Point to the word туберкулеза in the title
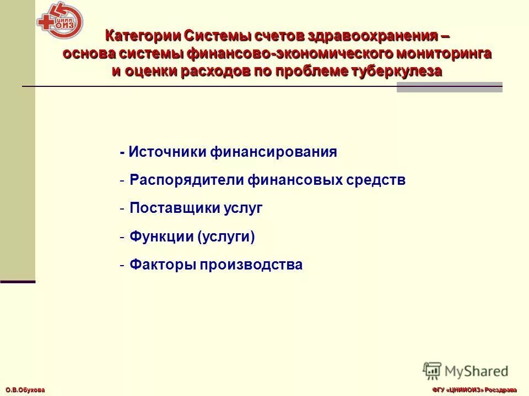tap(397, 71)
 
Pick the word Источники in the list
tap(168, 152)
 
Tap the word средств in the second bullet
tap(374, 180)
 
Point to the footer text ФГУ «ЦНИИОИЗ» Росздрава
tap(474, 390)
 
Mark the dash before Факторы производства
tap(122, 265)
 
